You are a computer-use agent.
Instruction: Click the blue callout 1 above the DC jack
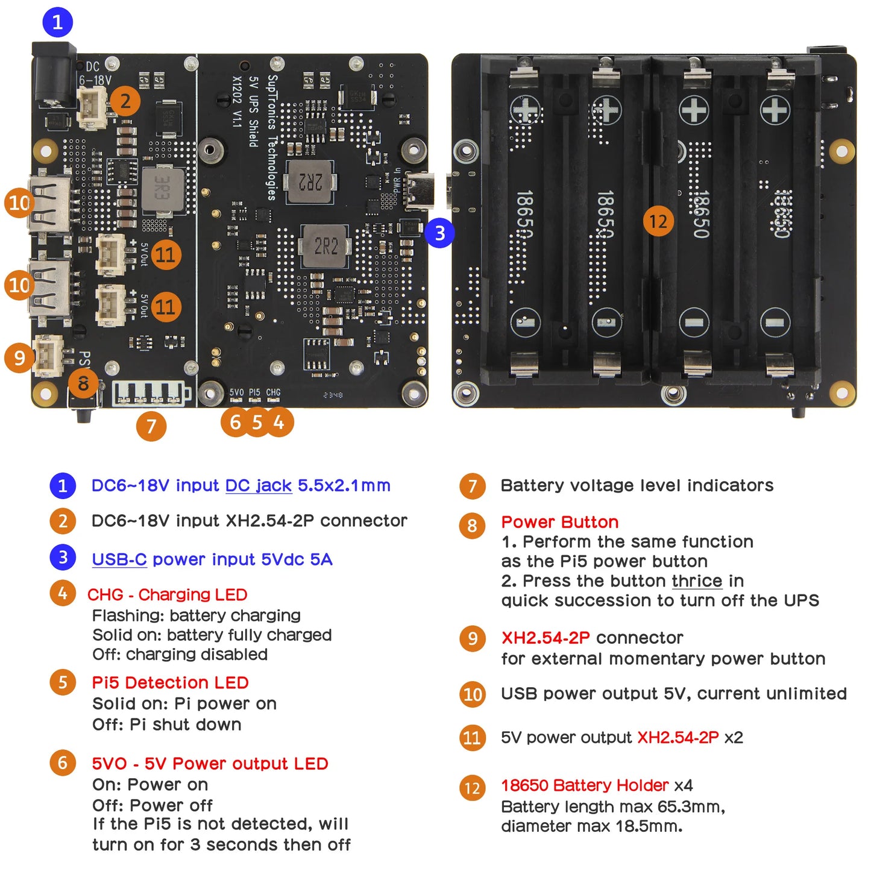tap(57, 22)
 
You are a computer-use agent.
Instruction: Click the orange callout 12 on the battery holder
tap(658, 221)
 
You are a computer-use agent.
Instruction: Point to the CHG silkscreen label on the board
tap(273, 392)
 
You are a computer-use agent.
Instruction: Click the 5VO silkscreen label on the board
tap(236, 392)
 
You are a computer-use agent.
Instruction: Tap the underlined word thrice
tap(697, 581)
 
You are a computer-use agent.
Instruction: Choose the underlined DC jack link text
tap(259, 486)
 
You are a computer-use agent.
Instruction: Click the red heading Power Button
tap(559, 522)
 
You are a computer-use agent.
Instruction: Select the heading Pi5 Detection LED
tap(170, 683)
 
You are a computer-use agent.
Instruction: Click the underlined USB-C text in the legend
tap(119, 559)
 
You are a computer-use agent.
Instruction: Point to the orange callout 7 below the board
tap(151, 426)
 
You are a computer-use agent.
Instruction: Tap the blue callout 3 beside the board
tap(439, 233)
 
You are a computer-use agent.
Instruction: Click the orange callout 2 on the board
tap(125, 101)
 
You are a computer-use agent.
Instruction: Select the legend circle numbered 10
tap(472, 694)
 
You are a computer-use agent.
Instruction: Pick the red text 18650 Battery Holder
tap(585, 785)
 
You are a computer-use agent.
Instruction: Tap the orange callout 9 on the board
tap(19, 357)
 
